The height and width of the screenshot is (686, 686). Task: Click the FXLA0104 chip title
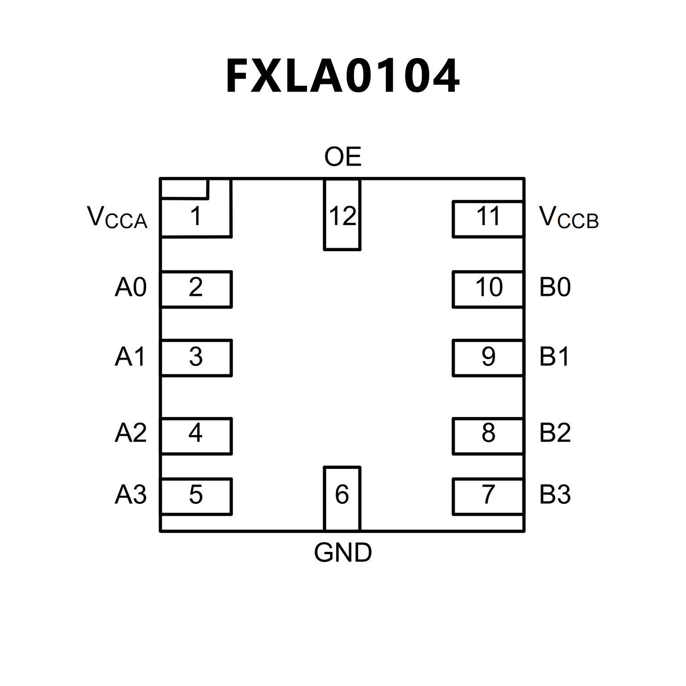343,76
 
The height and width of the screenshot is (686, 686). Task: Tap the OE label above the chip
343,157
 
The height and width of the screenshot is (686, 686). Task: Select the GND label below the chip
343,553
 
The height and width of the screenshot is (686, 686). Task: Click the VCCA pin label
117,218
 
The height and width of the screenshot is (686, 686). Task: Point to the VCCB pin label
568,218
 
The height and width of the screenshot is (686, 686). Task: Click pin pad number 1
196,217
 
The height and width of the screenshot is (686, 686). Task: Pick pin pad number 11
488,219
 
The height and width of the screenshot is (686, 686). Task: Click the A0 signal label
130,287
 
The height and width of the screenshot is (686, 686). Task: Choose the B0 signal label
555,287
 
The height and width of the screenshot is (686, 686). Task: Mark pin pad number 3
196,358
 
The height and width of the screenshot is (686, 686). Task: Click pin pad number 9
488,358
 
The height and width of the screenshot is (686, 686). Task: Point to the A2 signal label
130,433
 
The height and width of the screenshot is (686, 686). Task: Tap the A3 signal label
130,495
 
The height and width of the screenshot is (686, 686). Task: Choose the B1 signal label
555,357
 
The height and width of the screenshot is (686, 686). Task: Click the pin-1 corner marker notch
184,188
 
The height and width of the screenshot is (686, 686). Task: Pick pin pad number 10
488,289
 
